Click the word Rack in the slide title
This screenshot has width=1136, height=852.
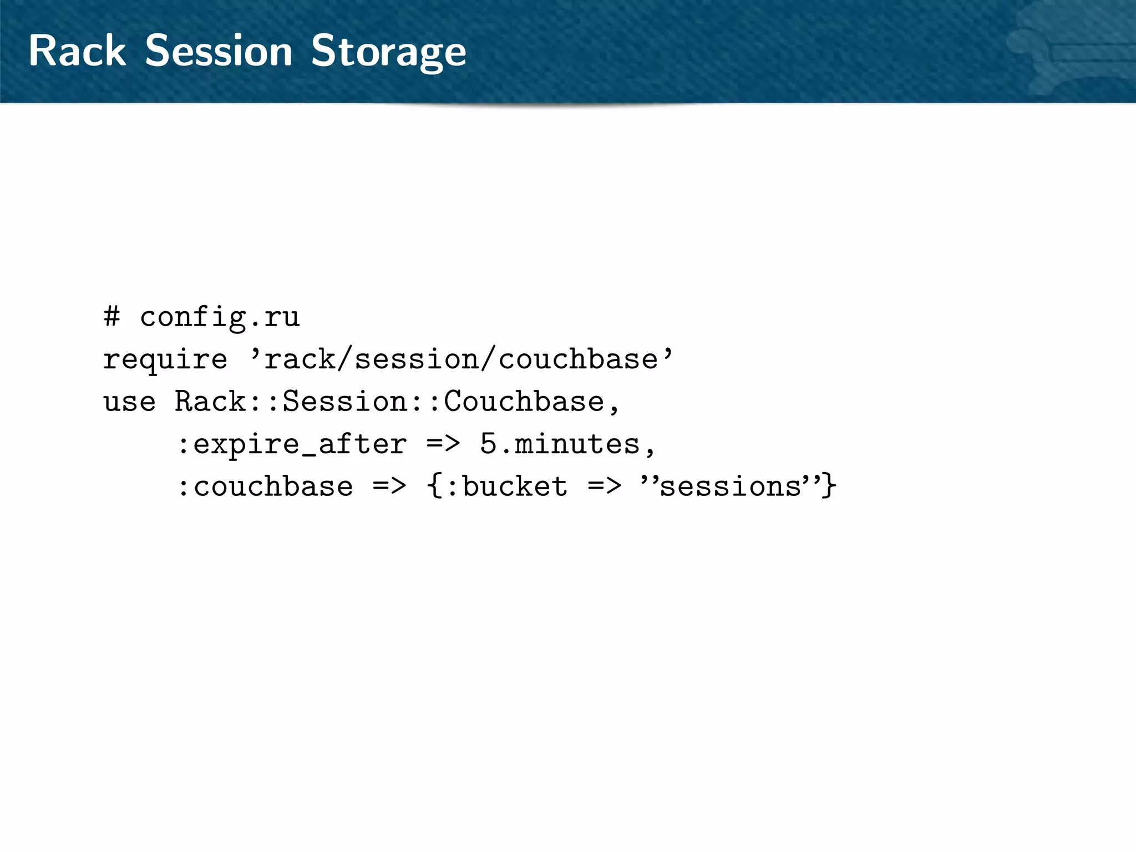click(77, 50)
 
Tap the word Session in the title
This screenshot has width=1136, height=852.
click(219, 50)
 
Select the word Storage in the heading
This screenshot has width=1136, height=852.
click(388, 52)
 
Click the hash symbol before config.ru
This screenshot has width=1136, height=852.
click(111, 317)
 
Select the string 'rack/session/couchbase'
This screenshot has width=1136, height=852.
click(461, 359)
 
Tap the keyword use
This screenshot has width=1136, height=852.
click(129, 402)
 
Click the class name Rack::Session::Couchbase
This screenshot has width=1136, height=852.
click(389, 401)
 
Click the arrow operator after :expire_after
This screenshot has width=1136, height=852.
click(443, 444)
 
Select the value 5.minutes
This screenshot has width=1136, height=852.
click(560, 444)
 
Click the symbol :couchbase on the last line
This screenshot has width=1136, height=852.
click(265, 486)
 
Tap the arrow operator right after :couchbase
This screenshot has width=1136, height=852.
click(389, 486)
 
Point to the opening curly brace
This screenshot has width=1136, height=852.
click(434, 486)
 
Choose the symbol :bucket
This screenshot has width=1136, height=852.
click(506, 486)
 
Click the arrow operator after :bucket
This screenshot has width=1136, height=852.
click(605, 486)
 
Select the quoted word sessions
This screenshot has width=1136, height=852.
click(730, 486)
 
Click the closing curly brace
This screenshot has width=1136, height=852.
click(829, 486)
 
